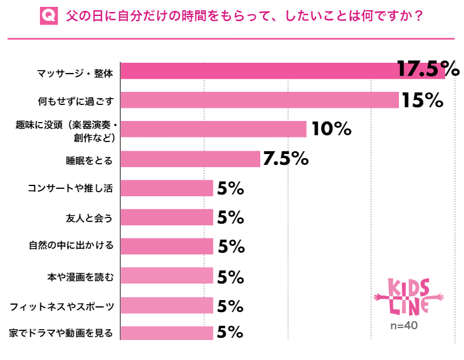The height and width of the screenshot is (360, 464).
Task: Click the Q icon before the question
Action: click(49, 15)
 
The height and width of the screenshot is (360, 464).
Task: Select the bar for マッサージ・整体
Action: click(283, 71)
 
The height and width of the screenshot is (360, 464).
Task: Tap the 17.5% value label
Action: click(428, 70)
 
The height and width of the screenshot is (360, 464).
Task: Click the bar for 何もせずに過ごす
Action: click(260, 100)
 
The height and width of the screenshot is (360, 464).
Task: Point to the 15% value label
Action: click(422, 100)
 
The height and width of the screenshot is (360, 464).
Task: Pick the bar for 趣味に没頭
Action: click(214, 130)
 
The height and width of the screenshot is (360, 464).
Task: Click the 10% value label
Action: click(331, 130)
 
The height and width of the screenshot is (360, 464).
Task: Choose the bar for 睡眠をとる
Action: click(191, 159)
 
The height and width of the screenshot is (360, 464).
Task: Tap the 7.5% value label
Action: click(285, 159)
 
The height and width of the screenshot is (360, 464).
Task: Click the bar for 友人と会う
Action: click(167, 217)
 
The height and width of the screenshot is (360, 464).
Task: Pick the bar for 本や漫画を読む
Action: click(167, 276)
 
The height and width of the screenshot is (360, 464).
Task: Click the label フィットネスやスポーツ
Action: click(62, 306)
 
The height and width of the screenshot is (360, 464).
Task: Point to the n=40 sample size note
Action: click(404, 326)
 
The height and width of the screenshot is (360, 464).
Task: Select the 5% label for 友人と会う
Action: click(231, 217)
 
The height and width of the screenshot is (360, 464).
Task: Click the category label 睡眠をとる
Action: click(88, 160)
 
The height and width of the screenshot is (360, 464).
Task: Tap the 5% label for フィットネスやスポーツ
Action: click(231, 306)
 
